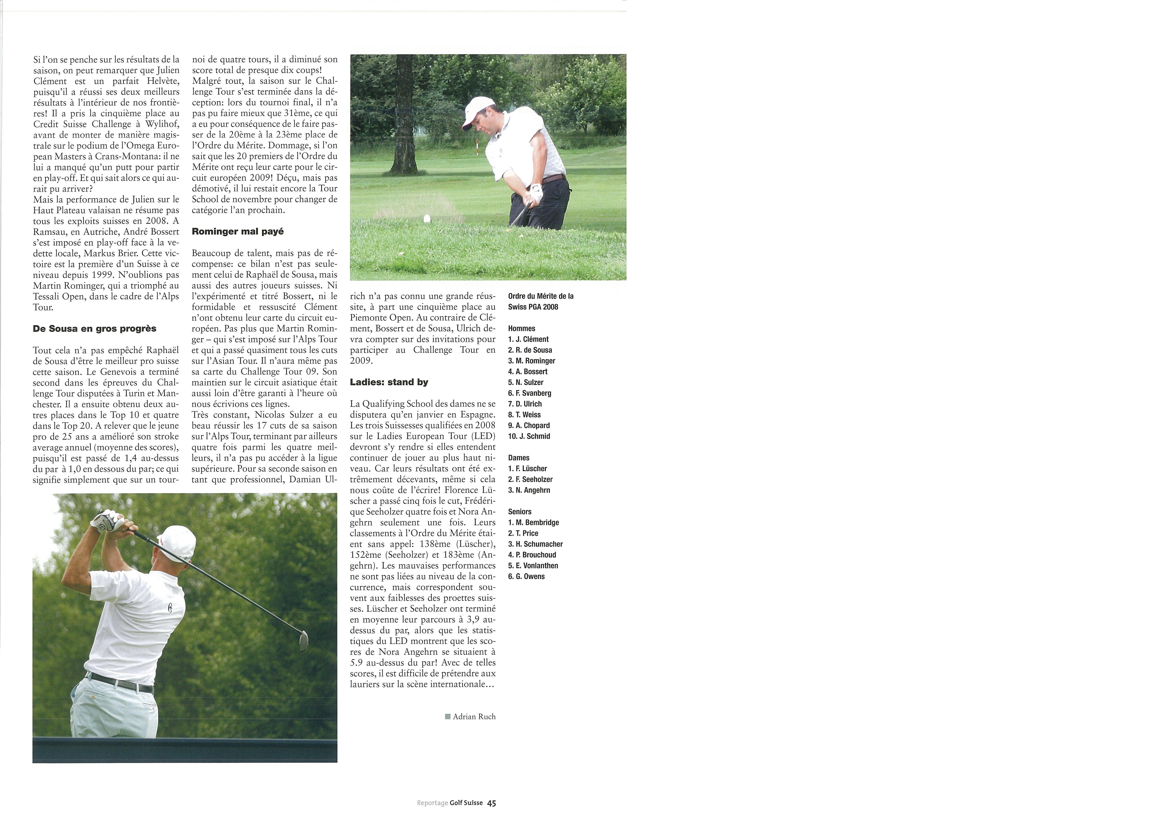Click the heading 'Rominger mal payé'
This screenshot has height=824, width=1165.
pos(238,231)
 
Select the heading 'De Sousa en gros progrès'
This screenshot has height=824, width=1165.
pos(94,328)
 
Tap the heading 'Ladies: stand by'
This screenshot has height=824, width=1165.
pos(389,382)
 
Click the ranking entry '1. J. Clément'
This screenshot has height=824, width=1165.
pos(528,339)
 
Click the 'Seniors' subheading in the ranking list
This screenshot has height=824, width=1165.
pos(520,512)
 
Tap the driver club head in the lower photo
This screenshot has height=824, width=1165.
pos(303,641)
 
